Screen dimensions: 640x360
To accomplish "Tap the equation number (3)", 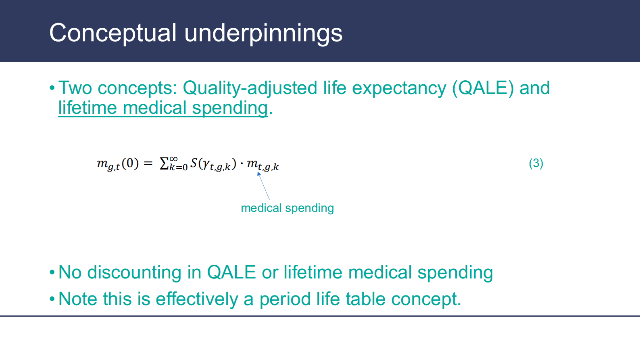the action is pyautogui.click(x=536, y=163).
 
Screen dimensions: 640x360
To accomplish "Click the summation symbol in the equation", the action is pyautogui.click(x=164, y=163).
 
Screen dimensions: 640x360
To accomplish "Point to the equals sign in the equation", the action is pyautogui.click(x=148, y=163).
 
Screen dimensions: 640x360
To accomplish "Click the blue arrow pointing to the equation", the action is pyautogui.click(x=263, y=186).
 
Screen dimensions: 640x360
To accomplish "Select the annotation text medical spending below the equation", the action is pyautogui.click(x=287, y=208).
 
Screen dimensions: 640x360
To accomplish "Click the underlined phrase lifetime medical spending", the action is pyautogui.click(x=163, y=108).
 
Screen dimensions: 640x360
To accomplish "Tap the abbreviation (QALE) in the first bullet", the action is pyautogui.click(x=483, y=88).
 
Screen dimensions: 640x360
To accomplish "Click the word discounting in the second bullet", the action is pyautogui.click(x=134, y=272).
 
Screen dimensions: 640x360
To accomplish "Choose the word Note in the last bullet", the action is pyautogui.click(x=78, y=299).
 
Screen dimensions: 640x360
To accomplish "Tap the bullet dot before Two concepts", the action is pyautogui.click(x=52, y=88).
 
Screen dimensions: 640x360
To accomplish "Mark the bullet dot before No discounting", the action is pyautogui.click(x=52, y=272).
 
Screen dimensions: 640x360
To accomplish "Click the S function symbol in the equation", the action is pyautogui.click(x=194, y=163).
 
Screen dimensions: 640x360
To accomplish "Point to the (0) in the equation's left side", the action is pyautogui.click(x=130, y=163).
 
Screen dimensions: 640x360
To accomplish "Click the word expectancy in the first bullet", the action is pyautogui.click(x=399, y=88).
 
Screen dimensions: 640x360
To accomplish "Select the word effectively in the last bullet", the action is pyautogui.click(x=197, y=299).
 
